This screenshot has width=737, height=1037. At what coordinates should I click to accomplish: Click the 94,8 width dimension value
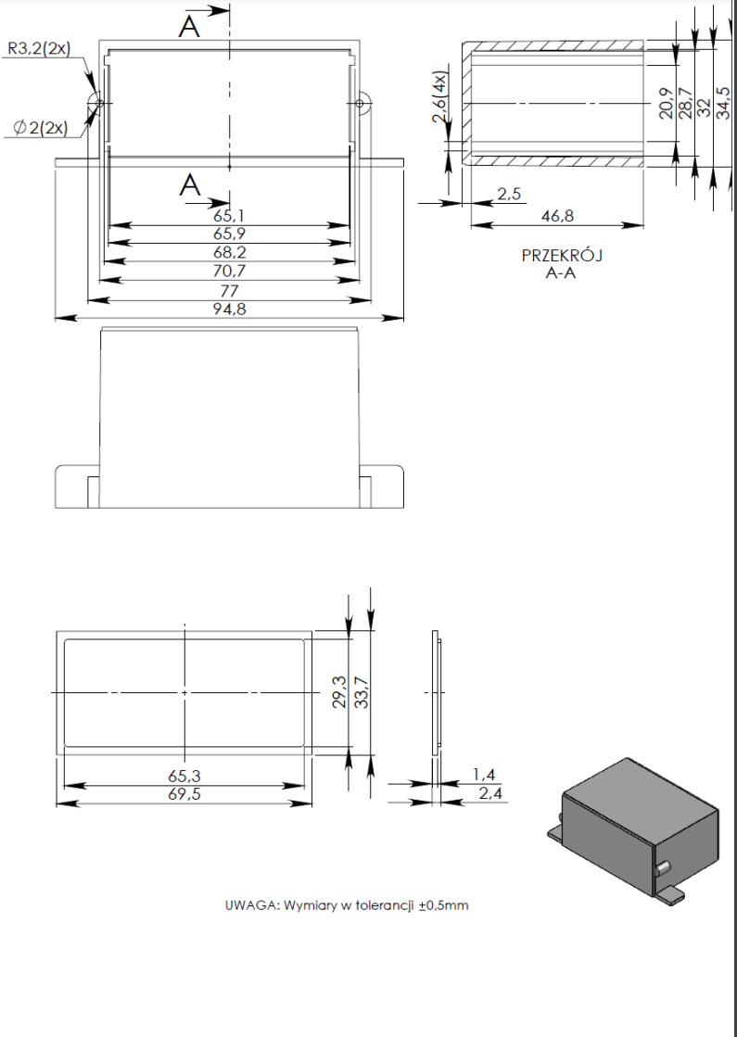[229, 310]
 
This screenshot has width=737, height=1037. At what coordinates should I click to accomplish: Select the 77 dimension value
[229, 291]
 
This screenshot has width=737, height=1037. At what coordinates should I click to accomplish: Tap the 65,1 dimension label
[229, 216]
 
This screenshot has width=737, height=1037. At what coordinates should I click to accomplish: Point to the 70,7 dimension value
[229, 272]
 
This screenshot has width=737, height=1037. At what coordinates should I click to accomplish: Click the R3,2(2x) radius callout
[38, 48]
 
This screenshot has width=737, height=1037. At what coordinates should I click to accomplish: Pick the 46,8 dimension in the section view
[556, 216]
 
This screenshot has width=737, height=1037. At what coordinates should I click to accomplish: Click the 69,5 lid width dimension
[184, 794]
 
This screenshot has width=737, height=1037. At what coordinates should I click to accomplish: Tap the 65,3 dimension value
[184, 776]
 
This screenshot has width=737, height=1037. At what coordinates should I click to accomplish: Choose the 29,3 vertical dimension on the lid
[340, 692]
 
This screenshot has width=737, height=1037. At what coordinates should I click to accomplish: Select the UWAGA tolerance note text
[347, 905]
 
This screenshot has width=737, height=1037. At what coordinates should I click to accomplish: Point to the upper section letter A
[190, 27]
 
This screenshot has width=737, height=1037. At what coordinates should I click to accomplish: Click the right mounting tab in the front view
[382, 487]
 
